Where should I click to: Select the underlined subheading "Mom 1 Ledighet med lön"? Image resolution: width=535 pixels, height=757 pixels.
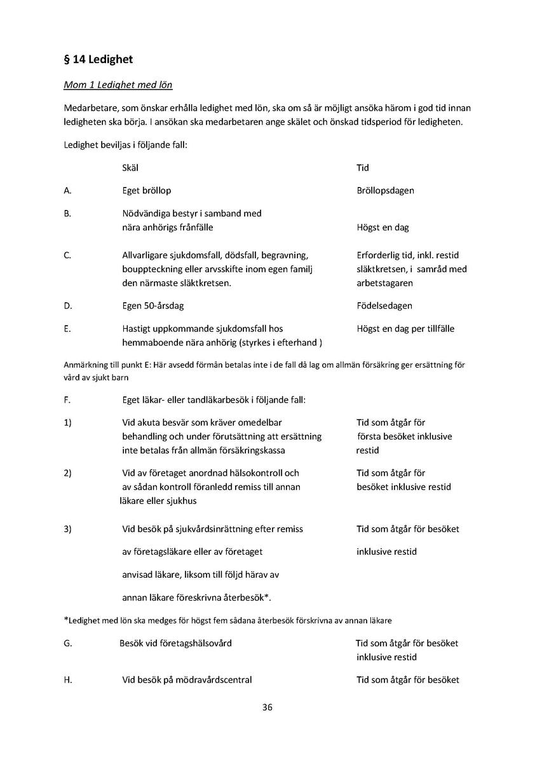coord(118,85)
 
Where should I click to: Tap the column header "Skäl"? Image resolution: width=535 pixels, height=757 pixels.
coord(130,168)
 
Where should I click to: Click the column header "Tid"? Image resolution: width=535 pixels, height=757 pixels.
coord(363,168)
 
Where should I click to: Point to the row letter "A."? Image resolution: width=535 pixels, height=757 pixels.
coord(67,190)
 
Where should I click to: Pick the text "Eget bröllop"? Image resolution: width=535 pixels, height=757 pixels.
coord(146,190)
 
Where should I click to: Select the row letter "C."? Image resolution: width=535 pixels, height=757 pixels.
coord(67,255)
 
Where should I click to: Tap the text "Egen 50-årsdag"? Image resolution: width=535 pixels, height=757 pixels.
coord(152,306)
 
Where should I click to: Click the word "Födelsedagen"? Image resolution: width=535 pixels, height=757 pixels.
coord(384,306)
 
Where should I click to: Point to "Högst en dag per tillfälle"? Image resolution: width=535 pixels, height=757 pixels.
coord(405,329)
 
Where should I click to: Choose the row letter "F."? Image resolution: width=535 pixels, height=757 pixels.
coord(67,400)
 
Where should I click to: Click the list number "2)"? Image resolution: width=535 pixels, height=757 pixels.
coord(68,473)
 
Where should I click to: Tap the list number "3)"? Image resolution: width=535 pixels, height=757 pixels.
coord(68,529)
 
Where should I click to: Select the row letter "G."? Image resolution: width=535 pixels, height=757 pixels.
coord(68,643)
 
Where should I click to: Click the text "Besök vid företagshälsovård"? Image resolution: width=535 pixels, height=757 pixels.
coord(175,643)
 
